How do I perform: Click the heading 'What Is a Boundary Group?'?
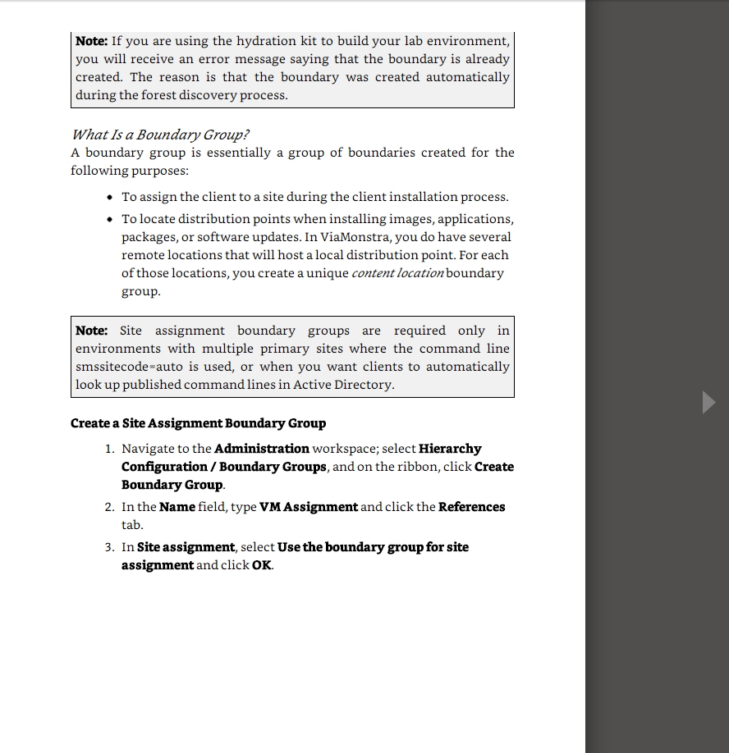click(x=160, y=135)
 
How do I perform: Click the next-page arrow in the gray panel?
click(x=708, y=402)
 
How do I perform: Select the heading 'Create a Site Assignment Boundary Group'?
click(x=198, y=423)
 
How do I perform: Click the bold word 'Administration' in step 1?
click(x=262, y=449)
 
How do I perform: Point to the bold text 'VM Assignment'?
click(x=309, y=507)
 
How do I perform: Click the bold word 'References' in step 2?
click(x=472, y=507)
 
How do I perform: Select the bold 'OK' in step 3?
click(x=262, y=565)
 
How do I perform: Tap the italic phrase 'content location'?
click(x=397, y=273)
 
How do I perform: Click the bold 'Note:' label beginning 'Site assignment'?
click(x=91, y=331)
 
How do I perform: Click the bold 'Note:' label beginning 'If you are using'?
click(x=91, y=41)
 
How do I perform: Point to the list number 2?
click(x=109, y=507)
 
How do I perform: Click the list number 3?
click(x=109, y=547)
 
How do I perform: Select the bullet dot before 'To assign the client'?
click(x=111, y=197)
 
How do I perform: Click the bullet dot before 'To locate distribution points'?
click(x=111, y=219)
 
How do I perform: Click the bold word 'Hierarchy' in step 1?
click(x=450, y=449)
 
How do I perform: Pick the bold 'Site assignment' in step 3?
click(x=186, y=547)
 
